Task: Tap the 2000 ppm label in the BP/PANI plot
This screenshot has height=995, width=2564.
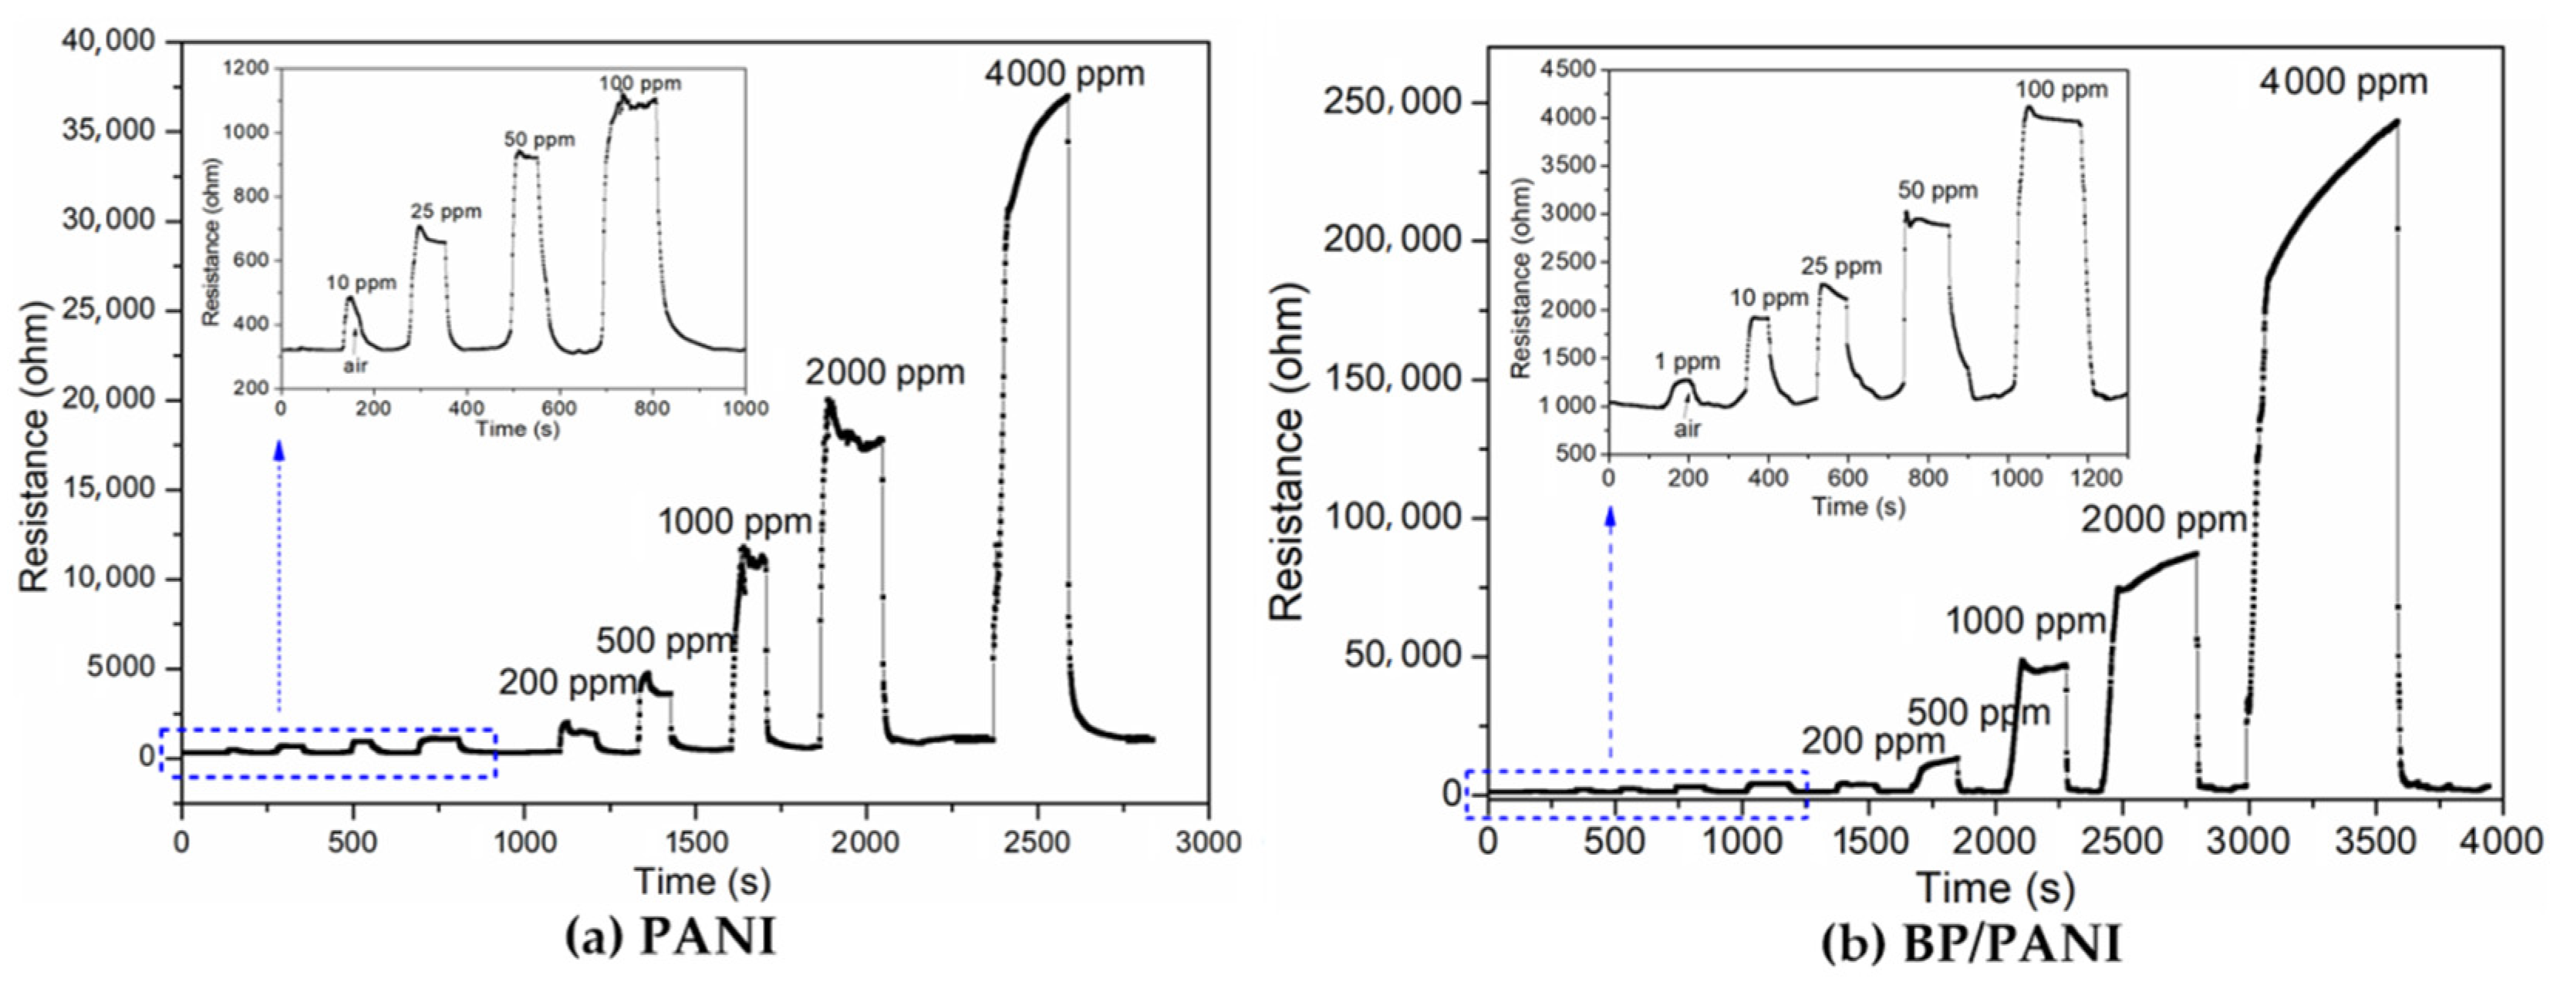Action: [2164, 519]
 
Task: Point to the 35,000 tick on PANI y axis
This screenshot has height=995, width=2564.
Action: [110, 130]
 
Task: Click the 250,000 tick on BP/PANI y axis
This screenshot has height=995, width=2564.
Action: [1391, 103]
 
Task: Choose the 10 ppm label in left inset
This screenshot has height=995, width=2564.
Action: [361, 283]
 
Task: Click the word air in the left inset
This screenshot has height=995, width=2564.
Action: [356, 365]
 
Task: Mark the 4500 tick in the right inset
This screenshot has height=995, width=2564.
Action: [1567, 69]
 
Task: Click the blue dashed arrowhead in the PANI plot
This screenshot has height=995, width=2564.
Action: [280, 450]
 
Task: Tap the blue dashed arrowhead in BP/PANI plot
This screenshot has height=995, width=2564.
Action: [1610, 516]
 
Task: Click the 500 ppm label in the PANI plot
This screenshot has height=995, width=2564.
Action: [665, 642]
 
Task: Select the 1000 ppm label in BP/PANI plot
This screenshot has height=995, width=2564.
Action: [2026, 622]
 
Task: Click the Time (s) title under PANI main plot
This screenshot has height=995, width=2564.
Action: [702, 881]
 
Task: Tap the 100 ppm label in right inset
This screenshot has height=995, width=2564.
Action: [2063, 89]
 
